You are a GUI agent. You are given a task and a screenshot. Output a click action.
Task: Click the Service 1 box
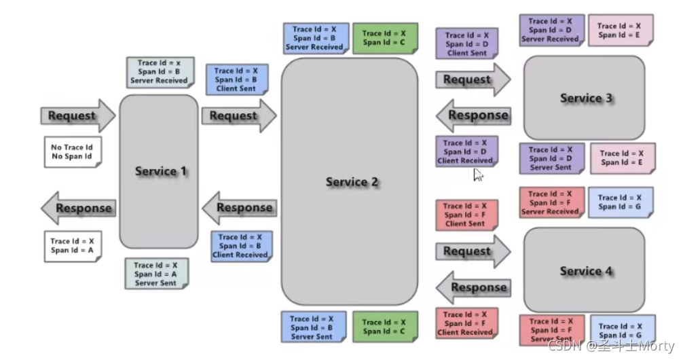(x=159, y=171)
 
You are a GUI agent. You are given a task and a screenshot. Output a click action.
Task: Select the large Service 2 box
(x=349, y=181)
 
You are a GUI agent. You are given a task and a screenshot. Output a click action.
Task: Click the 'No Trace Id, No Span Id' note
(x=71, y=151)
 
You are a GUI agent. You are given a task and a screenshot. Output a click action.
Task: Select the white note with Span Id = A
(x=71, y=246)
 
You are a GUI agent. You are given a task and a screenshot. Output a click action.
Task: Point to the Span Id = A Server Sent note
(x=155, y=274)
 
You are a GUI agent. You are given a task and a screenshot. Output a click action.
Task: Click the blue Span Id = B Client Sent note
(x=236, y=79)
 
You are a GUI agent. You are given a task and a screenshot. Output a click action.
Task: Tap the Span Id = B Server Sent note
(x=312, y=327)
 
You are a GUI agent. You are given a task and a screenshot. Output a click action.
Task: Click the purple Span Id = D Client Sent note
(x=466, y=43)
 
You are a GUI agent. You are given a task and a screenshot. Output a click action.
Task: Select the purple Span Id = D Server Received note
(x=550, y=31)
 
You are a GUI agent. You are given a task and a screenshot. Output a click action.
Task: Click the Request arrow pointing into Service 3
(x=472, y=80)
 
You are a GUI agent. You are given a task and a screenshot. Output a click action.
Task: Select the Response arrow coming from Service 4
(x=473, y=287)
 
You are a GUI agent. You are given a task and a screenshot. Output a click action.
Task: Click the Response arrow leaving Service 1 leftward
(x=78, y=208)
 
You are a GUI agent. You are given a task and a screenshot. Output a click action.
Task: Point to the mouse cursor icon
(x=477, y=175)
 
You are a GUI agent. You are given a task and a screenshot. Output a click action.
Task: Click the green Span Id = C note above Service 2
(x=384, y=37)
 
